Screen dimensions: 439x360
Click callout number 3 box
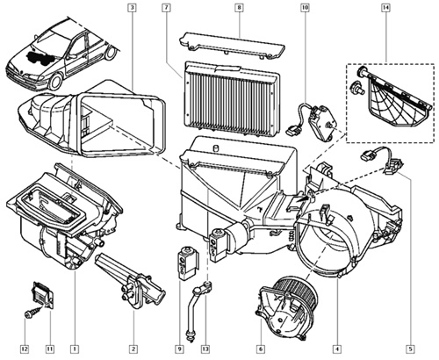[x=133, y=8]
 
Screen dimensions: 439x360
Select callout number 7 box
[x=166, y=8]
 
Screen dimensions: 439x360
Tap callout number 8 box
[x=239, y=8]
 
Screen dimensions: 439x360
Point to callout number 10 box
[x=305, y=8]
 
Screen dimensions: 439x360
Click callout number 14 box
[x=385, y=8]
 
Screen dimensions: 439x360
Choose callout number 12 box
[x=25, y=349]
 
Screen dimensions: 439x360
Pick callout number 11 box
[x=50, y=349]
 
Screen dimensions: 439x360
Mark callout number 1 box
[x=75, y=349]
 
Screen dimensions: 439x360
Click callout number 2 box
[x=133, y=349]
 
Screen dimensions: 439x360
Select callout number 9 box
[x=179, y=349]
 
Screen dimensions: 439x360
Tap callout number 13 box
[x=205, y=349]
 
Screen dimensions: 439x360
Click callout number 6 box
[x=261, y=349]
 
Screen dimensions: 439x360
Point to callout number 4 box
[x=337, y=349]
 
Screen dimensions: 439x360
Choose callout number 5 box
[x=410, y=349]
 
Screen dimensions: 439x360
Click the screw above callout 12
[x=32, y=312]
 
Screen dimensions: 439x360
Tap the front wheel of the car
[x=55, y=82]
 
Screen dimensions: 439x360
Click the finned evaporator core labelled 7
[x=231, y=98]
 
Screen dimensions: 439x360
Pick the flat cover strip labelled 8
[x=231, y=45]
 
